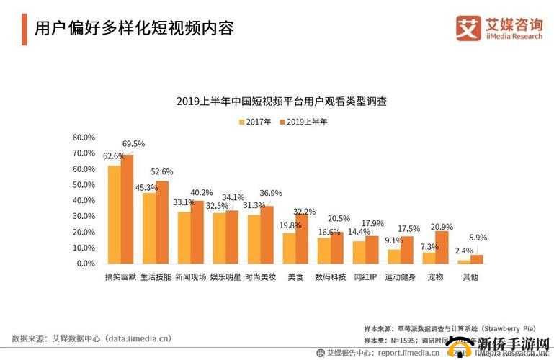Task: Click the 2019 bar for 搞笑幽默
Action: click(128, 210)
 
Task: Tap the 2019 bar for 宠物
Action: click(442, 247)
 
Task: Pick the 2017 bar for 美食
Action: click(289, 248)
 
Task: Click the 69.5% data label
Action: click(133, 144)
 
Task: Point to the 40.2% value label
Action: click(202, 193)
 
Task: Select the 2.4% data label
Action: click(464, 251)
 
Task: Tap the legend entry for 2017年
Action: click(256, 122)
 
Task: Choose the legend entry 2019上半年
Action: click(303, 122)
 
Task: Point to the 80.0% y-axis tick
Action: click(84, 138)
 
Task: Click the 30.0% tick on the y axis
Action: click(84, 217)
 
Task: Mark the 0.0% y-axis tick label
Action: click(85, 264)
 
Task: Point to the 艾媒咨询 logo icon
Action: click(468, 28)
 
